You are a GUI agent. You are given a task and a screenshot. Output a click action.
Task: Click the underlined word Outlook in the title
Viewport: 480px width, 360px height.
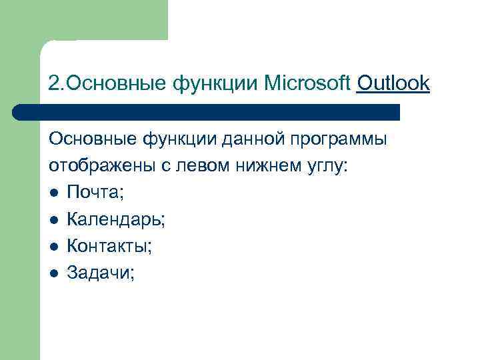pos(393,84)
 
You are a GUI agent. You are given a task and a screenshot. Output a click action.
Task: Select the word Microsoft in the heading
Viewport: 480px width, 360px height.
pos(307,84)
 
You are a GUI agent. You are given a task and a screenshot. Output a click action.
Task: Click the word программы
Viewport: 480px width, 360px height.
pos(333,141)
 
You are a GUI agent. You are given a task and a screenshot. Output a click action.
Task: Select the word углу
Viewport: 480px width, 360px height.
pos(324,167)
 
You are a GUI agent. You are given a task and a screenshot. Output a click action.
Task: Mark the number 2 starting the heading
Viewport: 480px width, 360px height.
pos(53,85)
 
